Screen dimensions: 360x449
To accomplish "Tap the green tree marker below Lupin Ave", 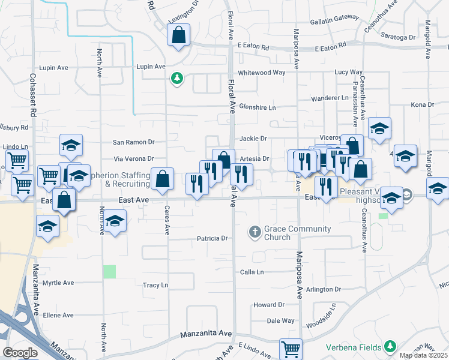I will pos(177,78).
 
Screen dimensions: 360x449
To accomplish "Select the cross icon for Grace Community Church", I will pos(255,231).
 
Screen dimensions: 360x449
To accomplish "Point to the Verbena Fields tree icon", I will pos(390,346).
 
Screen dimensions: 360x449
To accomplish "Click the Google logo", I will pos(20,353).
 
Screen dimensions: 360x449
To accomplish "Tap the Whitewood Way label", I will pos(262,72).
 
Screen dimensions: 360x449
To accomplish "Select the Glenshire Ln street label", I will pos(257,107).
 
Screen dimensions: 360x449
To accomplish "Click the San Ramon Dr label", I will pos(134,142).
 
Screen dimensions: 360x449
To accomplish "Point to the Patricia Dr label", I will pos(212,238).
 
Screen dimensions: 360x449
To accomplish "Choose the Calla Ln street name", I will pos(252,272).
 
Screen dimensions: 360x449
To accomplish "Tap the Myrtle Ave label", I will pos(58,283).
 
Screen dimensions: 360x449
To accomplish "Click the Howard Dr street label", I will pos(268,305).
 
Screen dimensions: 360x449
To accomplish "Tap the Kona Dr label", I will pos(422,105).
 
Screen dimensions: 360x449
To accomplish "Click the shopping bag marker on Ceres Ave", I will pos(162,179).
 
